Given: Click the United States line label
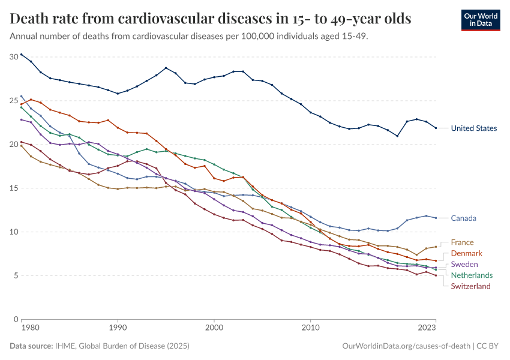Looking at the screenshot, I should (x=473, y=128).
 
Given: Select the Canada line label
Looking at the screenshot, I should (x=463, y=218).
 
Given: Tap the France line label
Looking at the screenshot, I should (x=462, y=243).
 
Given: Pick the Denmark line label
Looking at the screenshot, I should (x=466, y=254).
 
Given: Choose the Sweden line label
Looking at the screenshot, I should (x=464, y=265).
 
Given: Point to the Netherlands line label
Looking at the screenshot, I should (x=472, y=275).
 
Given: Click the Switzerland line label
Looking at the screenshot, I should (x=470, y=286).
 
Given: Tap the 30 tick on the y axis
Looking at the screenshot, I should (x=14, y=57).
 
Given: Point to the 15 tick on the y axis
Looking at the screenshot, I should (x=14, y=188).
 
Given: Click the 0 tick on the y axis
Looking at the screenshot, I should (x=16, y=319).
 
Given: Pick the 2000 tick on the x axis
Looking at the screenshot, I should (x=214, y=328).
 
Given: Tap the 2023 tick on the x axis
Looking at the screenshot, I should (x=427, y=328).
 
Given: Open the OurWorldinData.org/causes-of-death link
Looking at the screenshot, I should (x=405, y=346).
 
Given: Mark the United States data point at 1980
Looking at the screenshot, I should (x=21, y=54).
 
